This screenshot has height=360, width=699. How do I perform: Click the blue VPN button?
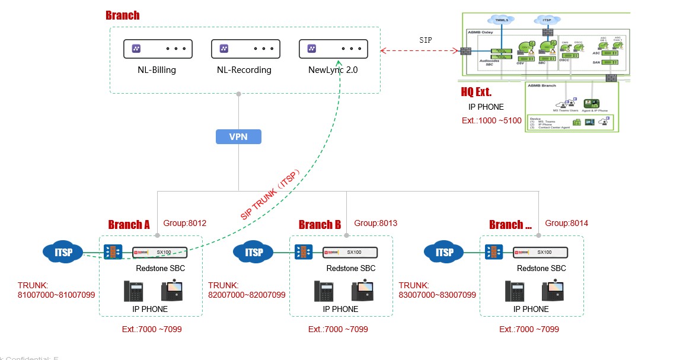[238, 137]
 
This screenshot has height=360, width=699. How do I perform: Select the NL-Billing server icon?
[158, 49]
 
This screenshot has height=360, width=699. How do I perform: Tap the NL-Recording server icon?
[245, 49]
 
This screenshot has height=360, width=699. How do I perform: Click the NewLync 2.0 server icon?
[333, 49]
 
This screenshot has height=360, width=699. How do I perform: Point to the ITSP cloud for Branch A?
[63, 253]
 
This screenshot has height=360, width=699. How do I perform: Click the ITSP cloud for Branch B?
[253, 253]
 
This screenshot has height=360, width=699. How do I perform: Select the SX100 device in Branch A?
[159, 252]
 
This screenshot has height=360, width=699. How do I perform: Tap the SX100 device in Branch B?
[350, 252]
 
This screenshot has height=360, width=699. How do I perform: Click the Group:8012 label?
[184, 224]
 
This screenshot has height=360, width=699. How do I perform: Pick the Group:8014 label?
[566, 224]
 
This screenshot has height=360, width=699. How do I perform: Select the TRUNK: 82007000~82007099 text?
[247, 290]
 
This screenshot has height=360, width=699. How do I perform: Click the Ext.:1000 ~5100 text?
[491, 120]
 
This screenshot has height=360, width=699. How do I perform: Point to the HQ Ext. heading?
[476, 93]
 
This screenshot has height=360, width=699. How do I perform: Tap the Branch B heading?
[320, 225]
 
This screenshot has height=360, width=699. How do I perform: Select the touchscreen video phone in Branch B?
[362, 291]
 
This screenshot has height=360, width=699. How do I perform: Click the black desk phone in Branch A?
[135, 291]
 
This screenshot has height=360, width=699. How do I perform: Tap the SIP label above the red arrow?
[426, 40]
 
